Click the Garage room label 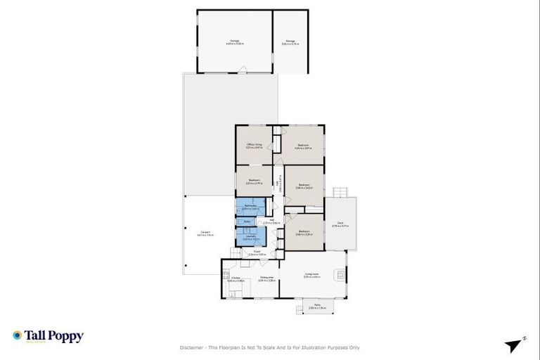[235, 42]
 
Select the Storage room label [290, 42]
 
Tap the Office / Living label [254, 146]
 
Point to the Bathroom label [250, 207]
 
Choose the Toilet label [247, 221]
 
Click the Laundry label [250, 238]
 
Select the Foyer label [258, 251]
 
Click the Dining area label [266, 279]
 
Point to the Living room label [312, 275]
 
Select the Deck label [340, 224]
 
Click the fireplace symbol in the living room [341, 274]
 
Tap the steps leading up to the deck [341, 192]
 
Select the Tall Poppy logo [48, 336]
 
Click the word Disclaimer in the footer [193, 347]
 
